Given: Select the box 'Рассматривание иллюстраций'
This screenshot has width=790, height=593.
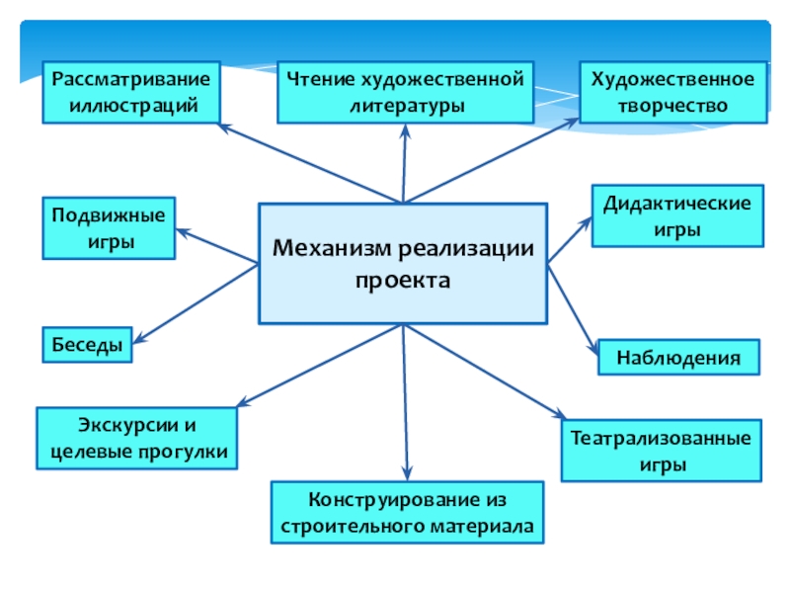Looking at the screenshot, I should pyautogui.click(x=130, y=92).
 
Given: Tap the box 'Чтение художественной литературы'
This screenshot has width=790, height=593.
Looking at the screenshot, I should pyautogui.click(x=404, y=92).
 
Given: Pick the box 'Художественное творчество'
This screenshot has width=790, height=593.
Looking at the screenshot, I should pyautogui.click(x=672, y=92).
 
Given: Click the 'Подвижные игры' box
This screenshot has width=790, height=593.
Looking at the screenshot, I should pyautogui.click(x=109, y=227).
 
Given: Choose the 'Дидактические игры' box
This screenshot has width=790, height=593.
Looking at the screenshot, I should pyautogui.click(x=677, y=215).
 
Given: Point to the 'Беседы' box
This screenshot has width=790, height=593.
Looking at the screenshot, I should pyautogui.click(x=88, y=345).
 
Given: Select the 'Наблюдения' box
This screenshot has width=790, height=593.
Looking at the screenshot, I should pyautogui.click(x=678, y=357).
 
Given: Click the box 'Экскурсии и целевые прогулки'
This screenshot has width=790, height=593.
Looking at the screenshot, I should pyautogui.click(x=137, y=439).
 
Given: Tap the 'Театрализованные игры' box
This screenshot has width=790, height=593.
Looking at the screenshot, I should pyautogui.click(x=663, y=451).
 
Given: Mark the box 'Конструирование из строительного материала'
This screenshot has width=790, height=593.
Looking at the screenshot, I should pyautogui.click(x=407, y=512).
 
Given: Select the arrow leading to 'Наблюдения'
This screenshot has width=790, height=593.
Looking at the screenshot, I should pyautogui.click(x=574, y=305).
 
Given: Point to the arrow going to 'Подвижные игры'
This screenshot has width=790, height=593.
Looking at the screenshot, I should pyautogui.click(x=216, y=246).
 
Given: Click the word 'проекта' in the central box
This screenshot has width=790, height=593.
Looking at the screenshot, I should pyautogui.click(x=403, y=280).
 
